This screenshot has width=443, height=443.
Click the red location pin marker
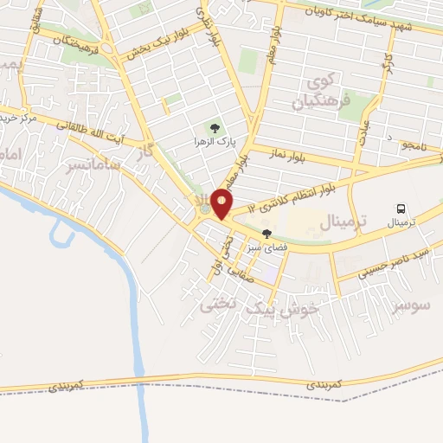point(222,202)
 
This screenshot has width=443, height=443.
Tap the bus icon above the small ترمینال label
point(401,209)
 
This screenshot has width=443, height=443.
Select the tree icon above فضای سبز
point(266,234)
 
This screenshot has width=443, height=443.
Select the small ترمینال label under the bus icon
point(400,222)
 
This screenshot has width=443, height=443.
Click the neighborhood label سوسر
point(410,308)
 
